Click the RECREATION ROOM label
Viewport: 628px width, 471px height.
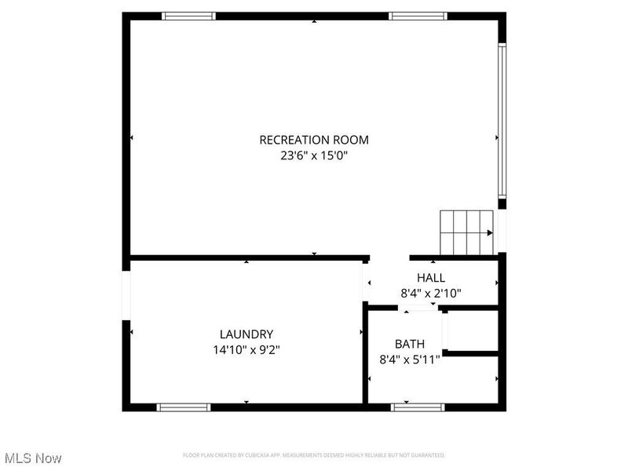tap(313, 140)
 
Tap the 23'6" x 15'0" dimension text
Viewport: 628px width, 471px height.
tap(313, 155)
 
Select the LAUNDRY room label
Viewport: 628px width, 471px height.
tap(246, 334)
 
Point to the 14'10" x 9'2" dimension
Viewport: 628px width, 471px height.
tap(246, 349)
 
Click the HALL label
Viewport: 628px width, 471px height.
tap(431, 278)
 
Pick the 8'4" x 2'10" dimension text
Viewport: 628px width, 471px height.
tap(431, 293)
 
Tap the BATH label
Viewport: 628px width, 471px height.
tap(410, 344)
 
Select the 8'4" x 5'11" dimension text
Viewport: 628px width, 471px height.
tap(410, 359)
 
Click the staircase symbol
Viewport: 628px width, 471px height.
tap(466, 232)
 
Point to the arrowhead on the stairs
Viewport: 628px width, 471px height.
tap(490, 232)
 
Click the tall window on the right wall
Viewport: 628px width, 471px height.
tap(502, 119)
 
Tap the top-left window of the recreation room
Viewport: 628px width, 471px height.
tap(188, 16)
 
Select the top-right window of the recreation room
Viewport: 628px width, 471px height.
tap(418, 16)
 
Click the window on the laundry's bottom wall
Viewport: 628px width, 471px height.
tap(184, 407)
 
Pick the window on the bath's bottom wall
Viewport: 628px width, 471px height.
tap(418, 407)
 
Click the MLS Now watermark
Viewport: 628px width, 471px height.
tap(33, 458)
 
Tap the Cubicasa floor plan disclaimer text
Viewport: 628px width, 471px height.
tap(314, 455)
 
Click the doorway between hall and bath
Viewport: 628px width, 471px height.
tap(418, 307)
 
